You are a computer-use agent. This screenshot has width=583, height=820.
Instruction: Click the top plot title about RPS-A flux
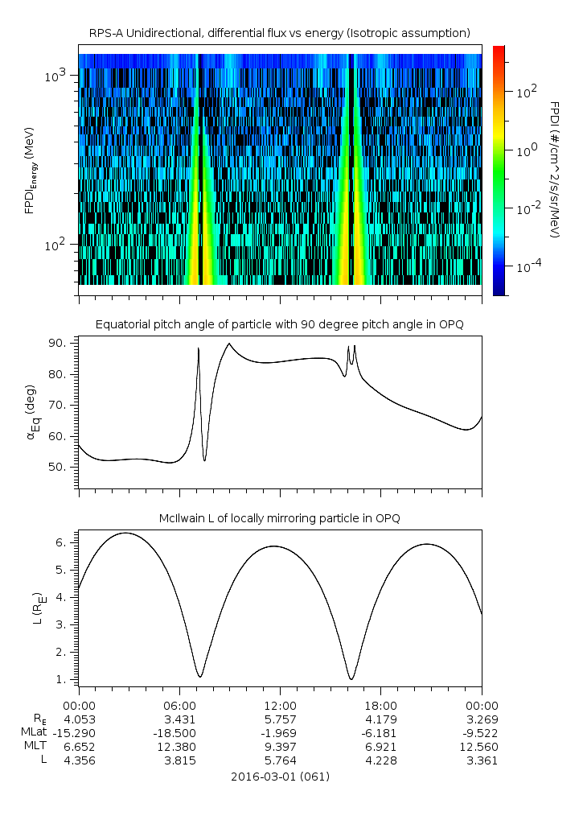point(279,32)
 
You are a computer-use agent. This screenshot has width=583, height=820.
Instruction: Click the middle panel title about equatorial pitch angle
point(279,324)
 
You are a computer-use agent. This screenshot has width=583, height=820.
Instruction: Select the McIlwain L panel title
point(279,518)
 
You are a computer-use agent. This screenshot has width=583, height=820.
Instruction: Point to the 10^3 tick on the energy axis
point(58,76)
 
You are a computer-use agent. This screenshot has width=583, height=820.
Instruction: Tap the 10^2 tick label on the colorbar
point(526,93)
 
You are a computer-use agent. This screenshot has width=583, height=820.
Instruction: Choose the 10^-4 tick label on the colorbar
point(526,266)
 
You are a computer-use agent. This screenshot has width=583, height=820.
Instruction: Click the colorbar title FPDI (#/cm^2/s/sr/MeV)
point(555,169)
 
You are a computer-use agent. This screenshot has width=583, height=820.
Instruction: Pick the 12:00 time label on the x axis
point(280,704)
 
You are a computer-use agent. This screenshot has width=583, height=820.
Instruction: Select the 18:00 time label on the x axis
point(380,704)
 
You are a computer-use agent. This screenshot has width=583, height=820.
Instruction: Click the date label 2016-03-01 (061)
point(279,777)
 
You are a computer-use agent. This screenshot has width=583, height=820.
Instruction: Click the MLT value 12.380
point(179,746)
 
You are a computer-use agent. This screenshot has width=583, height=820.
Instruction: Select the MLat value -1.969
point(280,732)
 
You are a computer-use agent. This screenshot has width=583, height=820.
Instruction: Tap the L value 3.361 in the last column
point(482,760)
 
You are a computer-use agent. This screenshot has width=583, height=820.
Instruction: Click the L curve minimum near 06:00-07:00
point(200,676)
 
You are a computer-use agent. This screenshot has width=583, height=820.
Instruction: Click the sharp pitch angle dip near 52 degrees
point(205,460)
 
